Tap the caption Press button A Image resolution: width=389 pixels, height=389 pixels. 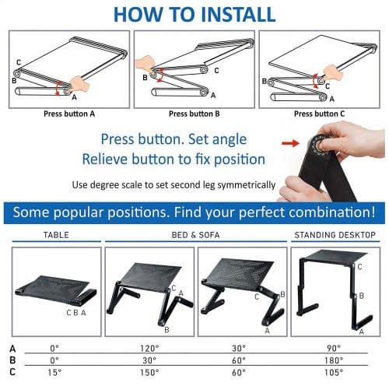[69, 114]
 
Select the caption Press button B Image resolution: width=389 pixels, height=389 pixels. [194, 114]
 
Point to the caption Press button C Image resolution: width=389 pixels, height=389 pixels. [320, 114]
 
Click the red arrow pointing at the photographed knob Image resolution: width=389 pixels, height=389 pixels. [290, 143]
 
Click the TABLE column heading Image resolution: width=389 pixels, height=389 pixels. [56, 235]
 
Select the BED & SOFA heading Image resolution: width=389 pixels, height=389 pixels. [195, 235]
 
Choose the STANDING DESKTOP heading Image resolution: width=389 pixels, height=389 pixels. [335, 235]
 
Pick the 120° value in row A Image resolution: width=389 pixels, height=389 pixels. [149, 349]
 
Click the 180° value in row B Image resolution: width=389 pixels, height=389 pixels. [334, 360]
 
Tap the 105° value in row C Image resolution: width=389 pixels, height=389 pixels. [334, 373]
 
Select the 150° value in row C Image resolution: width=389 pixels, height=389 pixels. [149, 373]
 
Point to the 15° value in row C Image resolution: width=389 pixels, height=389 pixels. [54, 373]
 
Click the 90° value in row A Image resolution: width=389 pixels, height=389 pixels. [334, 349]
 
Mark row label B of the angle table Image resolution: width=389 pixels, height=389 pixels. [12, 360]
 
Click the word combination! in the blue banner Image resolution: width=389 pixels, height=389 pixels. [332, 212]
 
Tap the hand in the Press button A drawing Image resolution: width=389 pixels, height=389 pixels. [79, 84]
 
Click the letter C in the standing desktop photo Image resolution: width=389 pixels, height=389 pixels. [359, 267]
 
